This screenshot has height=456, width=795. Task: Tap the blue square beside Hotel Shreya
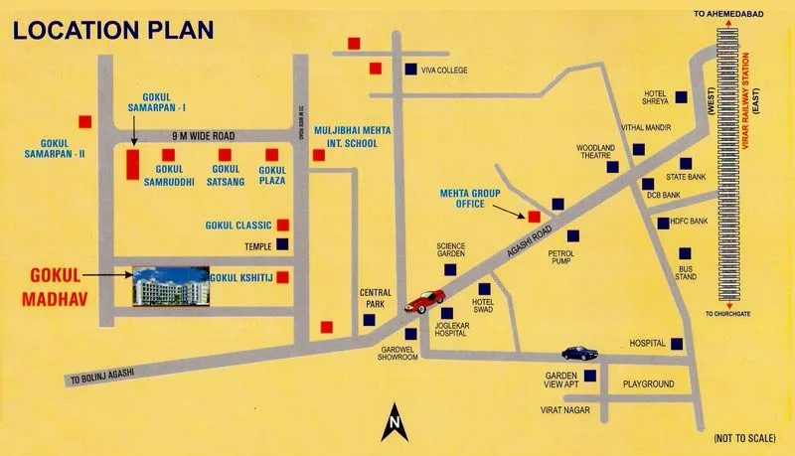coord(682,97)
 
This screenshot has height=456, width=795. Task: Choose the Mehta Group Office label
coord(475,197)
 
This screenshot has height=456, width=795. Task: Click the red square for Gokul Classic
coord(283,225)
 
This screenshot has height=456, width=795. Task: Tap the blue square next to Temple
coord(283,244)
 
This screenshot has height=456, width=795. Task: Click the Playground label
coord(648,383)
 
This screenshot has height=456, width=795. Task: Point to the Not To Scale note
coord(746,438)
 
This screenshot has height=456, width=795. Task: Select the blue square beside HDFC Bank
coord(664,222)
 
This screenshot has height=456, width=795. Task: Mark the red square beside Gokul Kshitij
coord(283,277)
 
